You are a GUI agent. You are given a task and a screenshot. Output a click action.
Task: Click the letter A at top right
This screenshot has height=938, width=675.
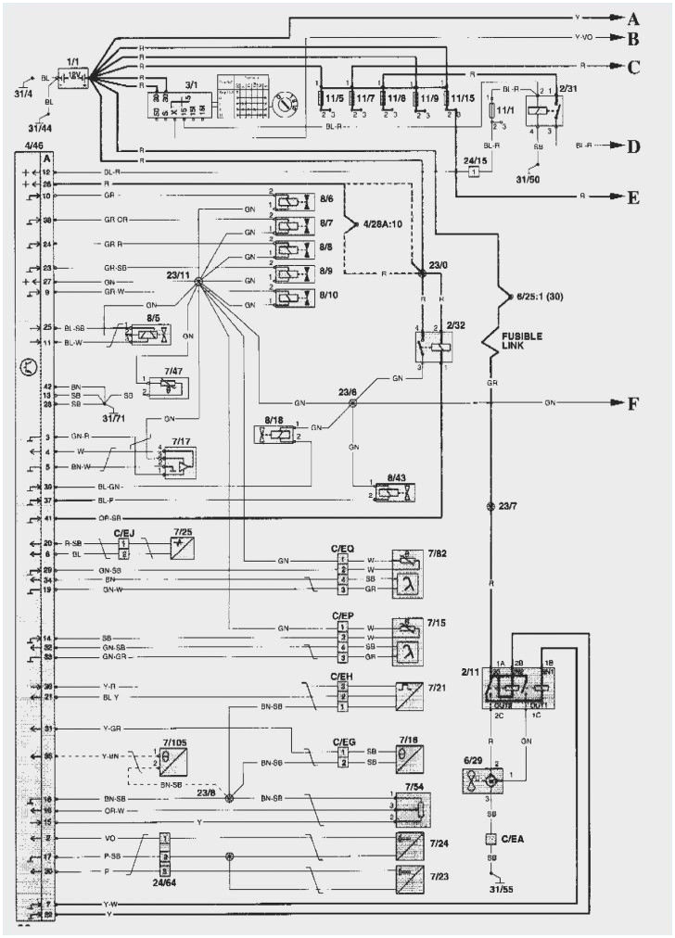pyautogui.click(x=634, y=18)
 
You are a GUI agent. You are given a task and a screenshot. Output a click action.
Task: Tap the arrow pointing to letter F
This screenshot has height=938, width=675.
pyautogui.click(x=615, y=403)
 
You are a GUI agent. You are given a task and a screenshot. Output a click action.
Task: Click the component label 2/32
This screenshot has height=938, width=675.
pyautogui.click(x=455, y=327)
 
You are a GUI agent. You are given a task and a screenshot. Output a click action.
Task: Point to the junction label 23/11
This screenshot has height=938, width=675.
pyautogui.click(x=178, y=275)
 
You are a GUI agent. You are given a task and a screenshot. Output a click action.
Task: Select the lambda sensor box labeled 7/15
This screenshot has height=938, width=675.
pyautogui.click(x=409, y=640)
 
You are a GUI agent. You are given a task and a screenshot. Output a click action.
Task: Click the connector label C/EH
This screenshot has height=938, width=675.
pyautogui.click(x=342, y=678)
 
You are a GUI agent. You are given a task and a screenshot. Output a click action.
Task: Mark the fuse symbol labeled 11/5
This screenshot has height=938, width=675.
pyautogui.click(x=321, y=97)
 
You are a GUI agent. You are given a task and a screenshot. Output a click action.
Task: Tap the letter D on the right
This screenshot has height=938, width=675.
pyautogui.click(x=634, y=146)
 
